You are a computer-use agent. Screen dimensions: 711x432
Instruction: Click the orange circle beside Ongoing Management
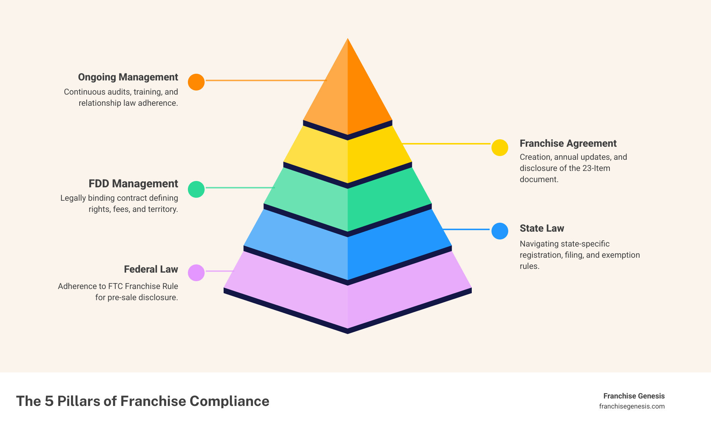click(196, 82)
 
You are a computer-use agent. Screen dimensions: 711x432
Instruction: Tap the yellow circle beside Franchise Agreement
click(500, 147)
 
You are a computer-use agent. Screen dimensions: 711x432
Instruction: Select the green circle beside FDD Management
click(196, 189)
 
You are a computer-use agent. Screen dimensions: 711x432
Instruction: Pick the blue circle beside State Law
click(500, 231)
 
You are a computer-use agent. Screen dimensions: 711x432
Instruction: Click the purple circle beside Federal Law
click(196, 273)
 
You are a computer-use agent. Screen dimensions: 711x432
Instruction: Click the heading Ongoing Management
click(128, 77)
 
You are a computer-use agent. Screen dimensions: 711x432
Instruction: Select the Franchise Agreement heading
click(568, 143)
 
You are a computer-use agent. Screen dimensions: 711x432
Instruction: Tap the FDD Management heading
click(133, 184)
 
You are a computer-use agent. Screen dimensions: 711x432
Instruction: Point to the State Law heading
click(542, 228)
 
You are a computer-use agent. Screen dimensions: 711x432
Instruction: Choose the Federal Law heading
click(151, 269)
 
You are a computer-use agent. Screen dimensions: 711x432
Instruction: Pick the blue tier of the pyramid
click(348, 253)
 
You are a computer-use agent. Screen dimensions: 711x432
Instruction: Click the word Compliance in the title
click(229, 401)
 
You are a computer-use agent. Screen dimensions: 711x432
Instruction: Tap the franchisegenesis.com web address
click(632, 406)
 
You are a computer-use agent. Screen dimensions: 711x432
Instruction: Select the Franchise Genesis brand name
click(634, 396)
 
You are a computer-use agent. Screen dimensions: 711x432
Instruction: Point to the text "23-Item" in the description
click(596, 168)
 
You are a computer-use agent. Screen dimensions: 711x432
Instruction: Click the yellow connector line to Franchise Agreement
click(446, 143)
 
